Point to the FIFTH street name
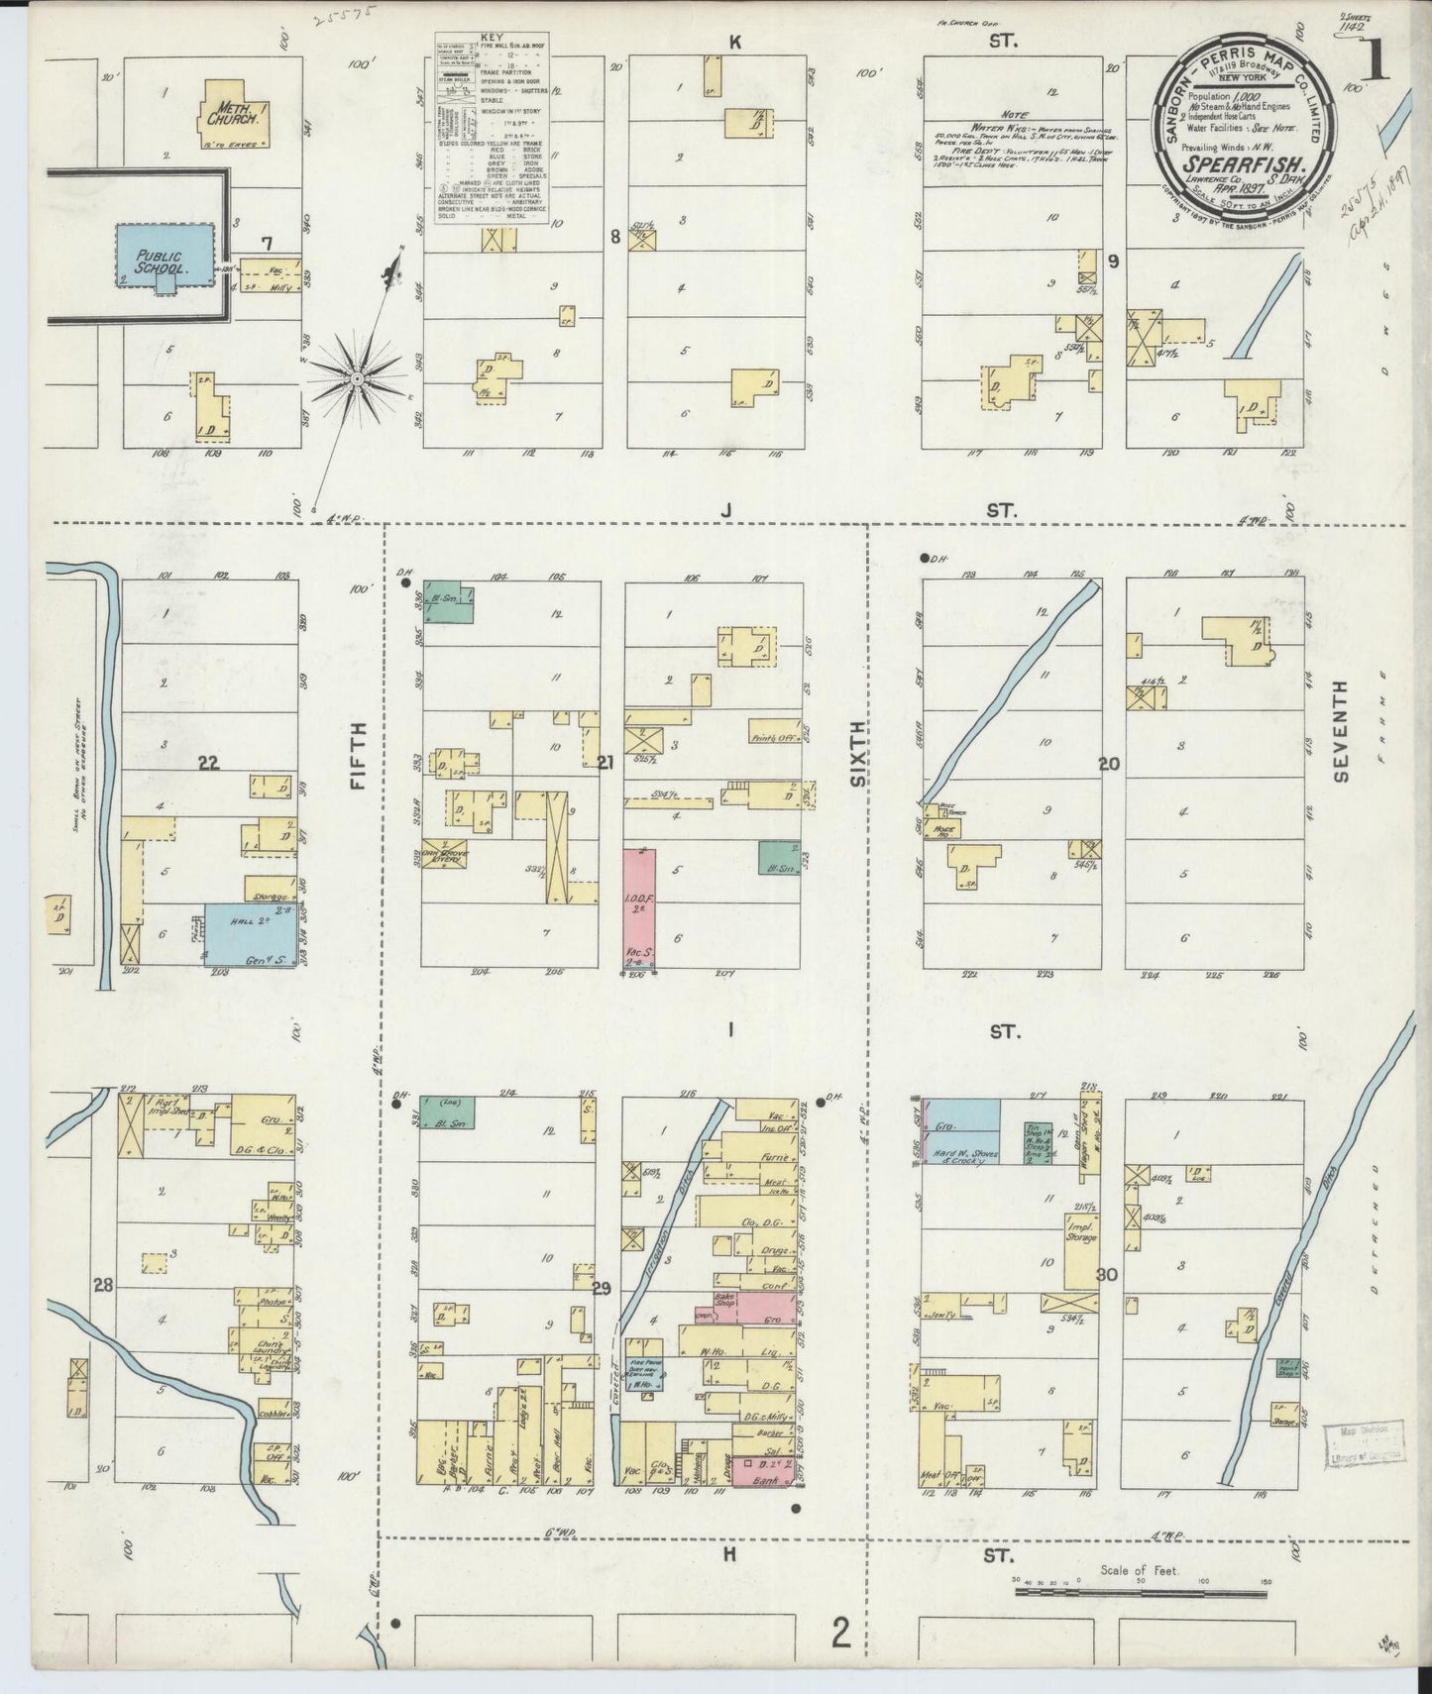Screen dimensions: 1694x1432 coord(359,756)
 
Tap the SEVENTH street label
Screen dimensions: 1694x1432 coord(1342,731)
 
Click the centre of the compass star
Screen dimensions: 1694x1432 coord(356,379)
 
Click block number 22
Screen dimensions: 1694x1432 coord(208,763)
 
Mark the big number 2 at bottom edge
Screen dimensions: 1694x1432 coord(841,1633)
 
